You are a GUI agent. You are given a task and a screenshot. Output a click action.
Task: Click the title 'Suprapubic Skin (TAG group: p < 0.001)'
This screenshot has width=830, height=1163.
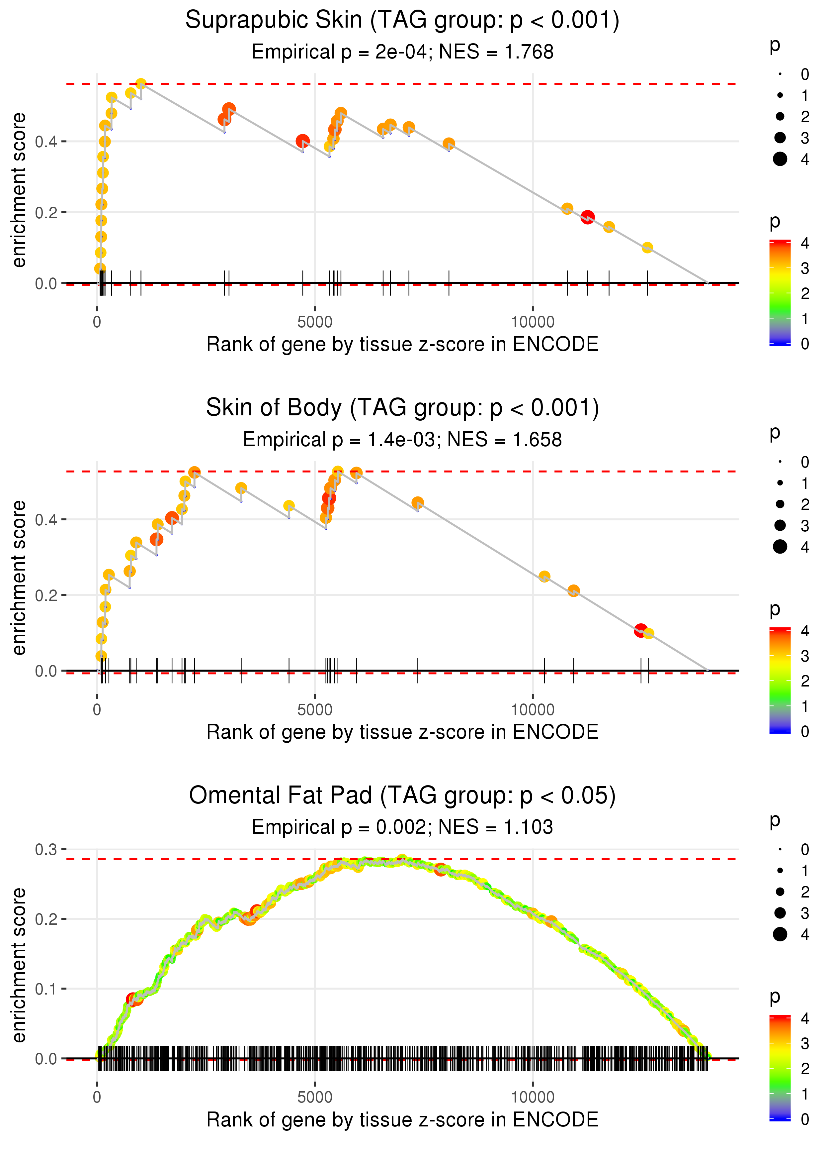[402, 21]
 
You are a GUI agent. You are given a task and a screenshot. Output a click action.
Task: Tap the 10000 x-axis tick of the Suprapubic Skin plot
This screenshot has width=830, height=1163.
[533, 322]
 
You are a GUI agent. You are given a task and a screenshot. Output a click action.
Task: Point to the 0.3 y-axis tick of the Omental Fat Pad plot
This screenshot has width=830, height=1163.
[46, 850]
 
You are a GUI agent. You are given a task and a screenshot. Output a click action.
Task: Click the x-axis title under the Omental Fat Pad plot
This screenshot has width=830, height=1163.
[402, 1119]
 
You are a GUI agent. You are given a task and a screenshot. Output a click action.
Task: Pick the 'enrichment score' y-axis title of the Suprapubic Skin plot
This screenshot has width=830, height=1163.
[19, 190]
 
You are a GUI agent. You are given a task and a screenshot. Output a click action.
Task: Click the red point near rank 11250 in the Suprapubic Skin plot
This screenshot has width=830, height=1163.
[588, 217]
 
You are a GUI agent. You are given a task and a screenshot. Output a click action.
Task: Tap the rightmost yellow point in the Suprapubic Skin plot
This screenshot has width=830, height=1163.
[647, 248]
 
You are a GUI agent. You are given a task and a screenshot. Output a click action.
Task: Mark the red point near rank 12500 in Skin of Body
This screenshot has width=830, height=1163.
[640, 631]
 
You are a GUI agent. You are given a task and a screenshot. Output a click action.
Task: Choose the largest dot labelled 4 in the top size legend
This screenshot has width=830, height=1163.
[780, 159]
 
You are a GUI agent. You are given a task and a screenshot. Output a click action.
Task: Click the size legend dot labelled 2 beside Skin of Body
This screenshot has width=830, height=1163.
[780, 504]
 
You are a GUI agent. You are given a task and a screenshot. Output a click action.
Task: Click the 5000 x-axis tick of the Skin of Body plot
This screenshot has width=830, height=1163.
[315, 710]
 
